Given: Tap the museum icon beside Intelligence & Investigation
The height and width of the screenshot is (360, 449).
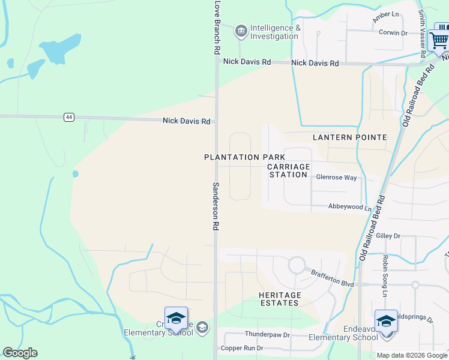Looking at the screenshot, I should pyautogui.click(x=241, y=30).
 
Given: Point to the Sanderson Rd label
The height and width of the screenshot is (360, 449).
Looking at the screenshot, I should pyautogui.click(x=215, y=206).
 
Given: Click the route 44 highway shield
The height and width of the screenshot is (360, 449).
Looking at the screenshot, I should pyautogui.click(x=70, y=117).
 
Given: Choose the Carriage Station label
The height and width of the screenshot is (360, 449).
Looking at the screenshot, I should pyautogui.click(x=289, y=170).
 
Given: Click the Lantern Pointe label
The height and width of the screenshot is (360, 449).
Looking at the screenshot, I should pyautogui.click(x=350, y=137).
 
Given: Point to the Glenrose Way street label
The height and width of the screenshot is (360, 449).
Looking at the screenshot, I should pyautogui.click(x=337, y=178).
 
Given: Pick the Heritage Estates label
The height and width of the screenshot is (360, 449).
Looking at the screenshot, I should pyautogui.click(x=280, y=299).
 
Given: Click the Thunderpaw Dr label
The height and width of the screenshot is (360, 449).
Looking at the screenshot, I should pyautogui.click(x=267, y=334).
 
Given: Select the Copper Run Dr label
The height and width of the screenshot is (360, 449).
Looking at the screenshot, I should pyautogui.click(x=242, y=348).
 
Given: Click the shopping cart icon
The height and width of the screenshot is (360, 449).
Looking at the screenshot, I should pyautogui.click(x=439, y=40).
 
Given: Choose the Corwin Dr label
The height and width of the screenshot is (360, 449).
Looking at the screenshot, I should pyautogui.click(x=393, y=32).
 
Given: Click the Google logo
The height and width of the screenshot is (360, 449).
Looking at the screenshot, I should pyautogui.click(x=20, y=353).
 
